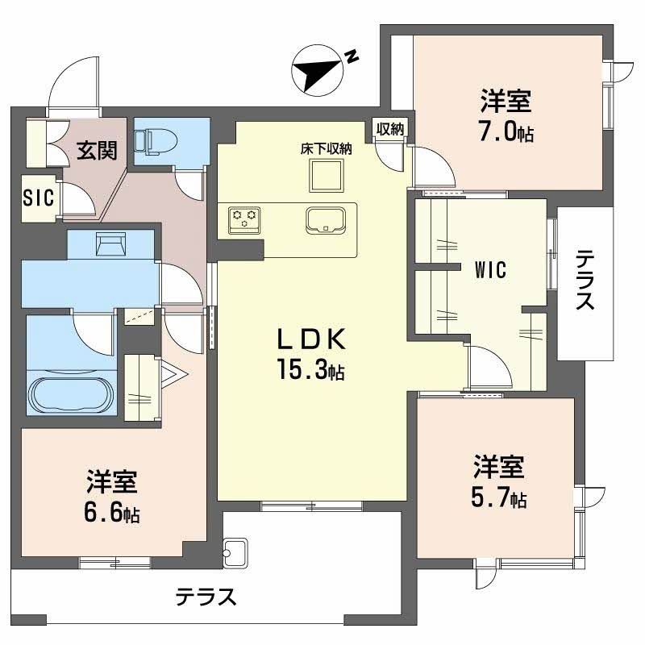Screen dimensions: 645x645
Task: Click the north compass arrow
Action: [x=318, y=69]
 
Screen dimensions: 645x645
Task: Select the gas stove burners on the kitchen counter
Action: [x=245, y=218]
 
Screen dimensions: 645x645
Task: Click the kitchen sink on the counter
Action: [x=327, y=219]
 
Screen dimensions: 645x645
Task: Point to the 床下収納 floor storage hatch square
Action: [x=327, y=174]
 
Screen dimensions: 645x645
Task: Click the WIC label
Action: [x=489, y=270]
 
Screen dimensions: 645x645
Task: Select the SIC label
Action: [x=37, y=198]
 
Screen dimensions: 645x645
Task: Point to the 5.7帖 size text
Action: [x=499, y=498]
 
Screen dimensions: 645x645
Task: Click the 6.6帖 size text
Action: [x=111, y=514]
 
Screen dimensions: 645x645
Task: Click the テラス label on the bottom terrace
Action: [x=206, y=597]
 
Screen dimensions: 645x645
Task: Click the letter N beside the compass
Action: [x=352, y=56]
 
